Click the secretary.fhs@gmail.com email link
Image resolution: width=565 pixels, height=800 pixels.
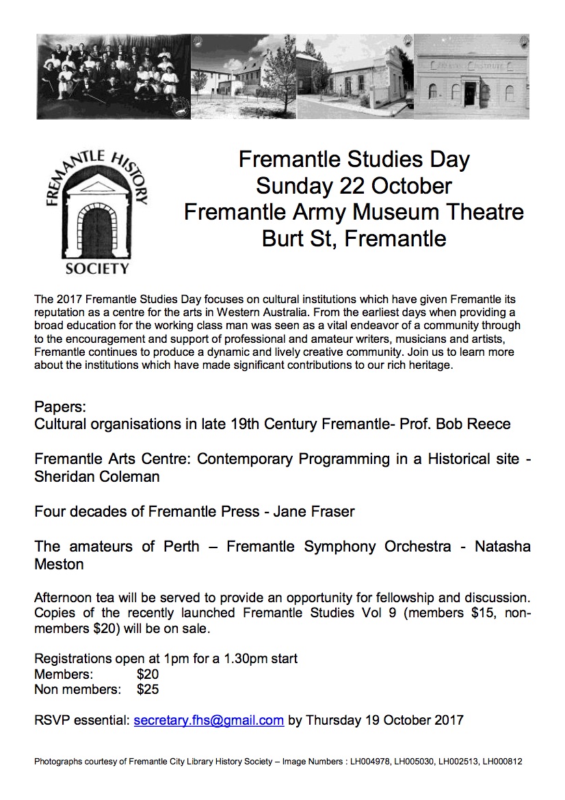pyautogui.click(x=209, y=720)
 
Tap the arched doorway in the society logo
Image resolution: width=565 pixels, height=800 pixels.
pyautogui.click(x=96, y=226)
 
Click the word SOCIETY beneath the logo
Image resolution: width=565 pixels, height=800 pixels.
pyautogui.click(x=96, y=268)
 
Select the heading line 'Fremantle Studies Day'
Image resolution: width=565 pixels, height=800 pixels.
pyautogui.click(x=354, y=160)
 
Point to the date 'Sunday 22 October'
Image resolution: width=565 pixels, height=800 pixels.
pyautogui.click(x=354, y=185)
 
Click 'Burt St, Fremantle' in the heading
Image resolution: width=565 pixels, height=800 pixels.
pyautogui.click(x=354, y=239)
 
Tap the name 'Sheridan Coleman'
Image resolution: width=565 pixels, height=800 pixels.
pyautogui.click(x=96, y=476)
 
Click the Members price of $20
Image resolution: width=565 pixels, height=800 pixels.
pyautogui.click(x=148, y=674)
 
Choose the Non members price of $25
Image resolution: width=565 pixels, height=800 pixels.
pyautogui.click(x=148, y=689)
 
